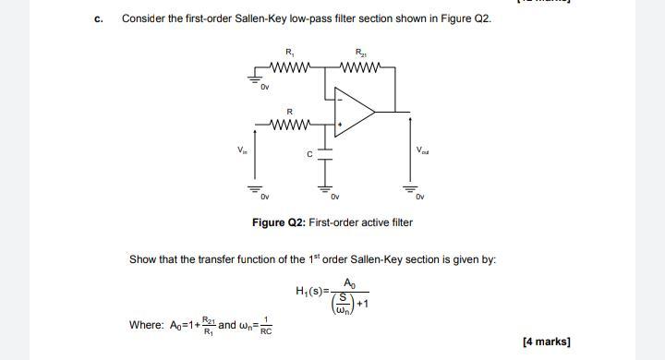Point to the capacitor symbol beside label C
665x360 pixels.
(325, 155)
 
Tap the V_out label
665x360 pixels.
(422, 150)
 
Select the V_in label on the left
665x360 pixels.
(242, 150)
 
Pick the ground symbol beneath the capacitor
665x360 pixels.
(325, 187)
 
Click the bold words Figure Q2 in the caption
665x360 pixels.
(278, 222)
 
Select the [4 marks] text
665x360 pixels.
(546, 342)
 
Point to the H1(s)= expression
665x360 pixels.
(312, 292)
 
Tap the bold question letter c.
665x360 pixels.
(98, 18)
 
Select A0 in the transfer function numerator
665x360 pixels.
(348, 282)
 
